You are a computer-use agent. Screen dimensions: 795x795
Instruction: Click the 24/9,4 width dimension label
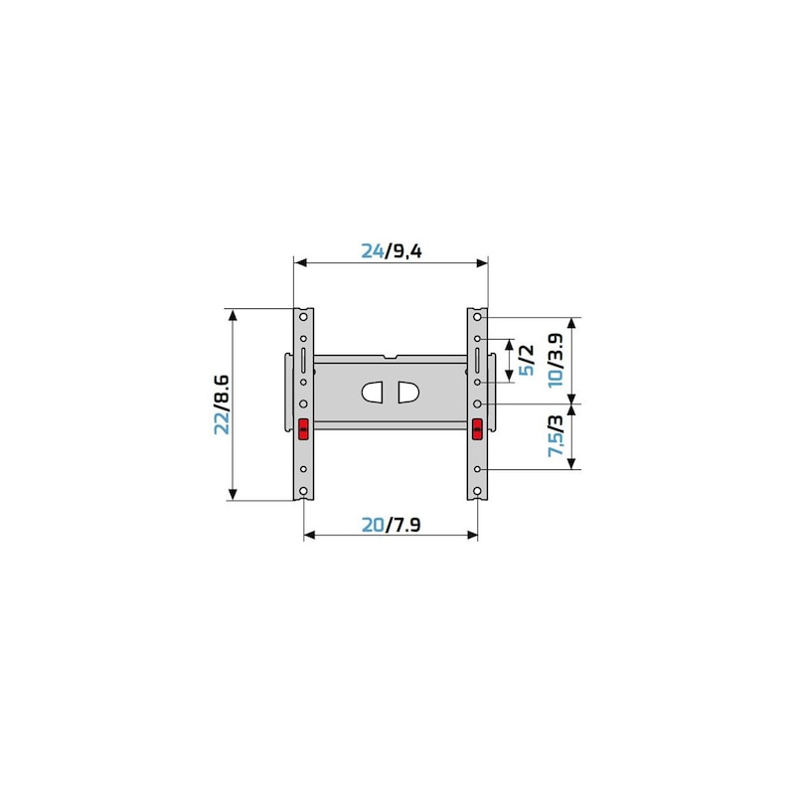coord(391,251)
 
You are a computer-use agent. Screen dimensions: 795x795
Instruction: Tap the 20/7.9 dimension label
coord(391,525)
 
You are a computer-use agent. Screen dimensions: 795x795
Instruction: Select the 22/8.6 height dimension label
coord(222,404)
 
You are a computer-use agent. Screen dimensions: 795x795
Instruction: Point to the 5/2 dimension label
coord(527,360)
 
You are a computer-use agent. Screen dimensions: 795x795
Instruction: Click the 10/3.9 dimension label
coord(556,360)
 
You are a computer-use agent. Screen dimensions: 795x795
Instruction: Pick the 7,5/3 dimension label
coord(556,436)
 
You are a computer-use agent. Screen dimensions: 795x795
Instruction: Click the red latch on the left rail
coord(303,429)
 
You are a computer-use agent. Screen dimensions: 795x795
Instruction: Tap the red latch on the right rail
coord(477,429)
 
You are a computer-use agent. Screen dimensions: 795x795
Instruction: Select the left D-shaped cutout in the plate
coord(374,393)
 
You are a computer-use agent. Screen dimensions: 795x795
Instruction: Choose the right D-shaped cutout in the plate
coord(408,393)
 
